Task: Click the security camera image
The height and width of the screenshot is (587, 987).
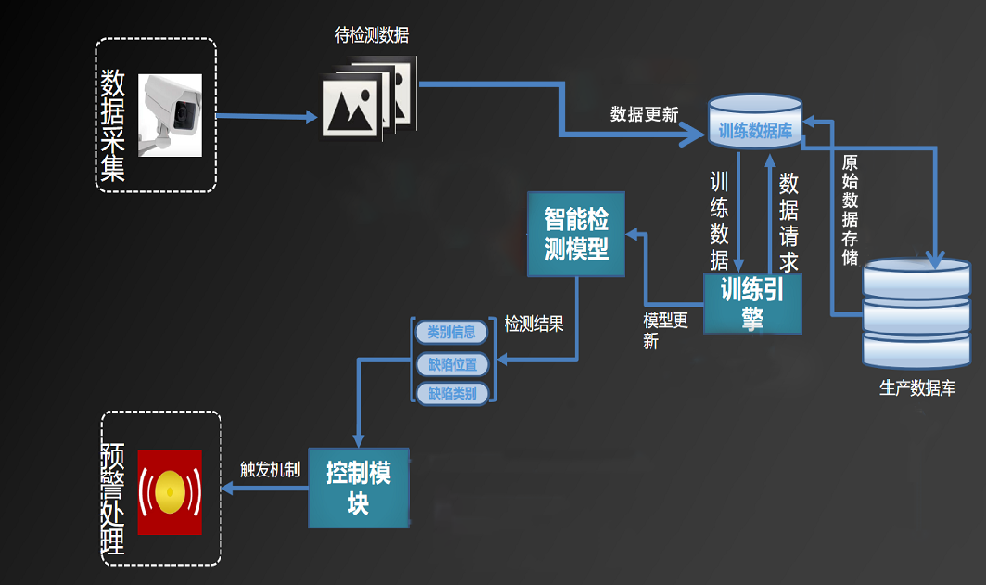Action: tap(171, 114)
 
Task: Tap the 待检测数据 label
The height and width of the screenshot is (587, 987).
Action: tap(371, 36)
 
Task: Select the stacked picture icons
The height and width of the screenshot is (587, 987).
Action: tap(367, 100)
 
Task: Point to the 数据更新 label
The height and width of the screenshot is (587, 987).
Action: tap(644, 114)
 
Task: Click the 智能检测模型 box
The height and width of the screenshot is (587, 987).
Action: tap(576, 234)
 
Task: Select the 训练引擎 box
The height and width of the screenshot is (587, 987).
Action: tap(751, 304)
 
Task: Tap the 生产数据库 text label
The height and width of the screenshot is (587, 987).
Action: tap(916, 388)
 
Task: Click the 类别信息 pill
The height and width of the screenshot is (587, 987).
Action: tap(451, 332)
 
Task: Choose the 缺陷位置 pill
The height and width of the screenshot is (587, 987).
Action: tap(452, 363)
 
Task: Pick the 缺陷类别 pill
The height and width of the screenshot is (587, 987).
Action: tap(452, 394)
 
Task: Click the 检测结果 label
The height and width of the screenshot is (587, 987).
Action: tap(533, 325)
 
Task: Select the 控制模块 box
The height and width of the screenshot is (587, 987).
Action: tap(357, 488)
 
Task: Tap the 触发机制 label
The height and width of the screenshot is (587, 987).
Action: tap(269, 470)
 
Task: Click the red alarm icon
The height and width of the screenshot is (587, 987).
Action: tap(170, 492)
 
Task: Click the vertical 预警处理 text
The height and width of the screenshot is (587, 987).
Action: tap(114, 499)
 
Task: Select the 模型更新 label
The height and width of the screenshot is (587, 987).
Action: tap(664, 331)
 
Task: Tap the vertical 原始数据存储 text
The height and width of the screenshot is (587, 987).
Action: tap(850, 210)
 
